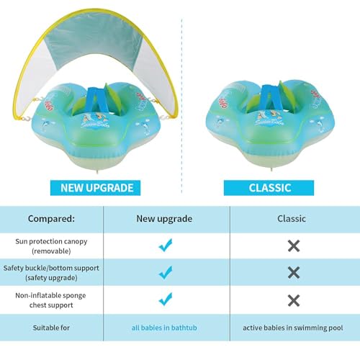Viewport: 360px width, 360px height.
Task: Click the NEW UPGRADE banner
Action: coord(95,188)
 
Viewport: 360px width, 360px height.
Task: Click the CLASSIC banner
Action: coord(269,188)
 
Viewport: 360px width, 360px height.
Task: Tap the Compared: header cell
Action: coord(51,219)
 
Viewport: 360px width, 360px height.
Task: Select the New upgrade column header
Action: coord(164,219)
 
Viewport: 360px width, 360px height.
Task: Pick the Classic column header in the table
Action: coord(292,219)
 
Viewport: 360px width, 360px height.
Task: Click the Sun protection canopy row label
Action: coord(51,246)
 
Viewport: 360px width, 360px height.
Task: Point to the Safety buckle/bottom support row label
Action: coord(51,273)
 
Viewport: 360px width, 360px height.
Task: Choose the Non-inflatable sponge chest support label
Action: coord(50,300)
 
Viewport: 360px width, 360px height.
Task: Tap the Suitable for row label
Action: coord(51,328)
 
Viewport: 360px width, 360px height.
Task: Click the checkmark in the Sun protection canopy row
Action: coord(166,246)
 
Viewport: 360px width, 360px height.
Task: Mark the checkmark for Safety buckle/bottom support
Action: coord(166,272)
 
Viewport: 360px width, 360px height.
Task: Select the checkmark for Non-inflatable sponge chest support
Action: coord(166,300)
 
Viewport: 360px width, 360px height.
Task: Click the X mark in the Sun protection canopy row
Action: coord(294,246)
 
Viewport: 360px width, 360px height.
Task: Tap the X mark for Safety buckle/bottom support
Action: coord(294,273)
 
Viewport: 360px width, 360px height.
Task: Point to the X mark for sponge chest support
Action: coord(294,300)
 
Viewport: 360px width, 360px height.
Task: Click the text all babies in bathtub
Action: coord(164,328)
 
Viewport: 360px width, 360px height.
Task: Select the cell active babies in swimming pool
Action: coord(293,328)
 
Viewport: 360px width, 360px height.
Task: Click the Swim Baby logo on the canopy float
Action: coord(95,121)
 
